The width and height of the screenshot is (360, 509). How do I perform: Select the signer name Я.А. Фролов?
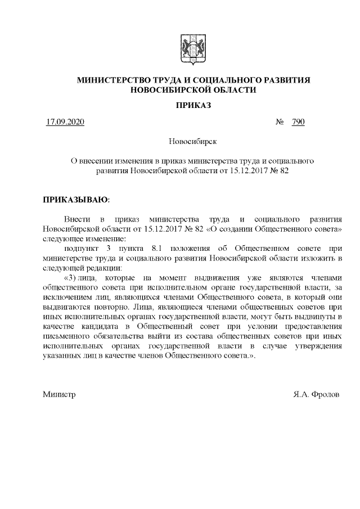tap(316, 395)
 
